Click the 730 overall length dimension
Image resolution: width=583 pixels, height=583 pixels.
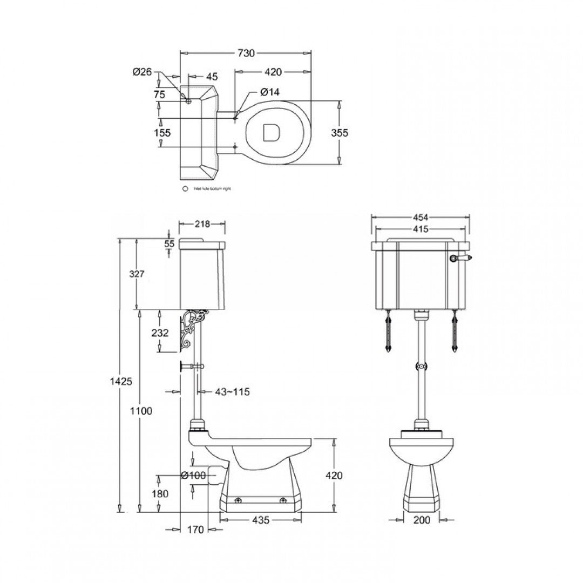click(x=246, y=53)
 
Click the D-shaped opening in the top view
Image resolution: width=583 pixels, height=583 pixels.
click(x=270, y=133)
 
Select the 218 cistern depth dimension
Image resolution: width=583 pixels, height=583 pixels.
click(x=202, y=223)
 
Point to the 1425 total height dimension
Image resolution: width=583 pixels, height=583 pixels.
click(x=121, y=382)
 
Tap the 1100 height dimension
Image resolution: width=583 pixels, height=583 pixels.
click(x=141, y=411)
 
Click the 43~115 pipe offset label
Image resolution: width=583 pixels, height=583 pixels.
click(x=233, y=392)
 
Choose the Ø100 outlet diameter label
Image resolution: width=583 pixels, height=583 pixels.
click(x=194, y=476)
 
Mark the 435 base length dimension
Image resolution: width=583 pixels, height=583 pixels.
click(x=260, y=520)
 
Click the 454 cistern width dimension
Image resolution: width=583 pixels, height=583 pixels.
click(x=420, y=217)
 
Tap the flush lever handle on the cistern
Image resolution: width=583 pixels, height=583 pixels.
click(x=462, y=259)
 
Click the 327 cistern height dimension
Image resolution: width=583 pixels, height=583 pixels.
click(x=137, y=274)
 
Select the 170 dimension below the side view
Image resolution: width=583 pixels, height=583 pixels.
click(x=197, y=530)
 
